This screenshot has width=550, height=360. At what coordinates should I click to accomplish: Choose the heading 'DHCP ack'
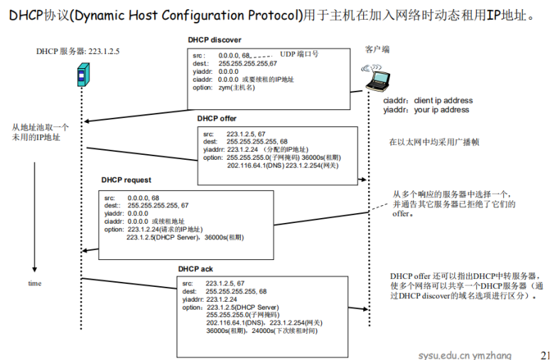click(x=195, y=269)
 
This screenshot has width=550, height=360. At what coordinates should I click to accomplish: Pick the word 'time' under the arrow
click(x=34, y=283)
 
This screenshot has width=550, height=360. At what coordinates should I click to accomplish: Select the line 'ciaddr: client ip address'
click(x=428, y=101)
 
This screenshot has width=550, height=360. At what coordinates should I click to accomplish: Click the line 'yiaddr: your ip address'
click(x=426, y=110)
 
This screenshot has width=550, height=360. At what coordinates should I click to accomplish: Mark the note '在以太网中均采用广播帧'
click(x=436, y=143)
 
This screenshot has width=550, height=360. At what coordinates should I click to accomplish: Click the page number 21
click(x=544, y=354)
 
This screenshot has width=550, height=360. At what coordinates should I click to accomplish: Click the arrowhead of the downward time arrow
click(x=34, y=271)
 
